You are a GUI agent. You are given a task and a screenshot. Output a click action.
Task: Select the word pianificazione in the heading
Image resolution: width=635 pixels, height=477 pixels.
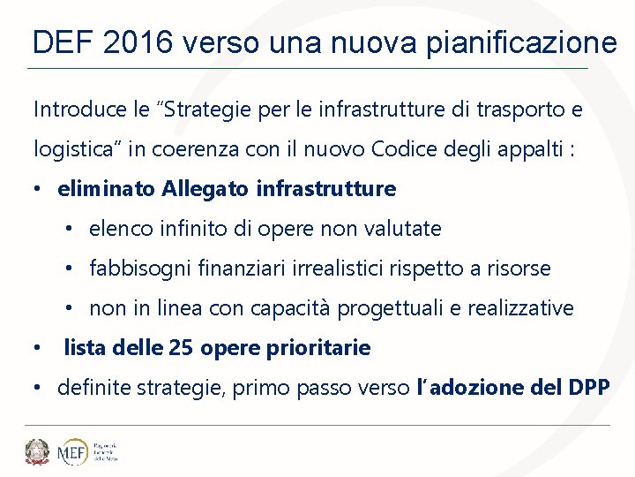click(521, 42)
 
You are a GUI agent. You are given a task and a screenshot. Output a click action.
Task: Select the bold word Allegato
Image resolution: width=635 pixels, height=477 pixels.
click(205, 189)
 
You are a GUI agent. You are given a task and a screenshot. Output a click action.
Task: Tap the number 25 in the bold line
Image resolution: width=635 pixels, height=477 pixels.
click(181, 348)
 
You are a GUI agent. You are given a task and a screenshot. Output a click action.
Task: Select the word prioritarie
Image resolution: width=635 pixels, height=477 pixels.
click(325, 348)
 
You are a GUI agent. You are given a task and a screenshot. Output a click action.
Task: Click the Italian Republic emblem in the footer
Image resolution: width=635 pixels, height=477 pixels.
click(37, 451)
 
